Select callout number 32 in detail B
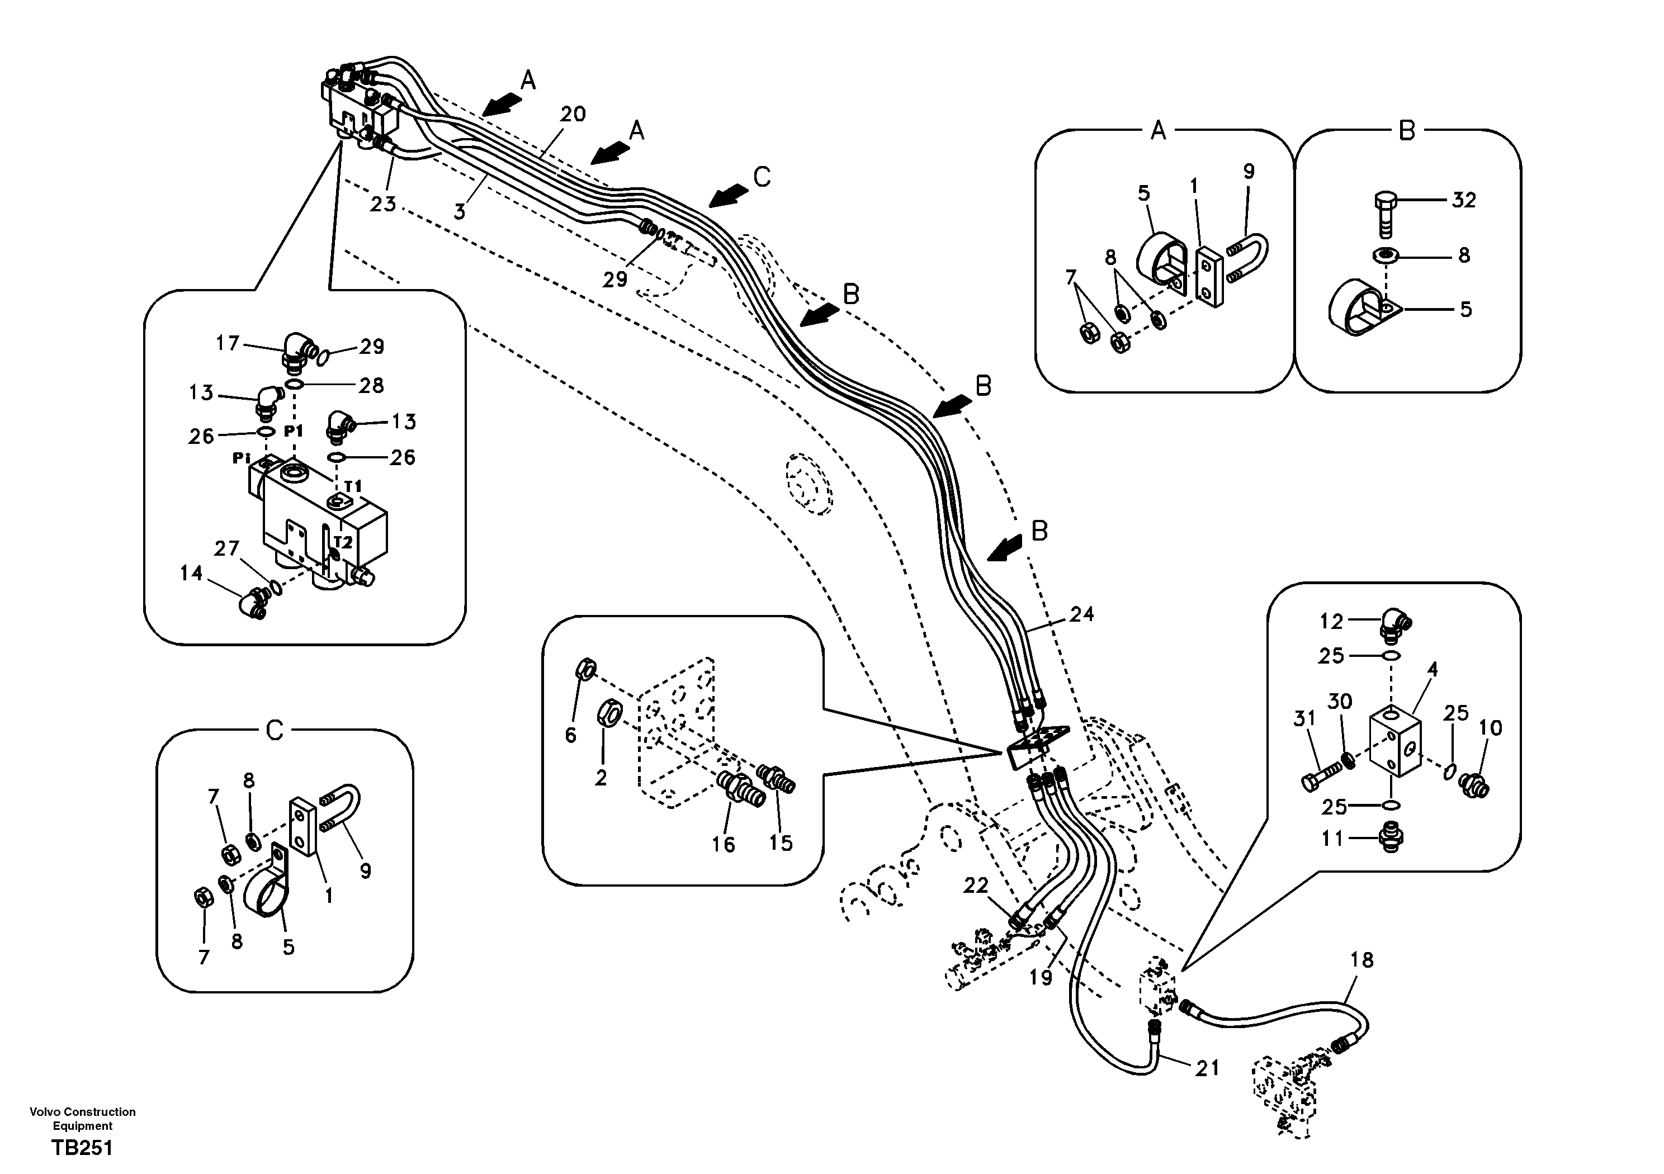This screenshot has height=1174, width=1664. click(1464, 200)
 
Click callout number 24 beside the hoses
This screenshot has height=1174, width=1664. click(1081, 614)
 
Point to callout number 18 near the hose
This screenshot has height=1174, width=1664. click(1362, 960)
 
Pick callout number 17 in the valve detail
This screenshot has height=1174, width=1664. click(228, 343)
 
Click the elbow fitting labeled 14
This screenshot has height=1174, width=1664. click(250, 603)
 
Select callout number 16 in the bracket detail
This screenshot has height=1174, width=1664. click(724, 844)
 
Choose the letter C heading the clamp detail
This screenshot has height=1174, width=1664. click(275, 731)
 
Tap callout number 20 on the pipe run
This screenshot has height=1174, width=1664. click(573, 115)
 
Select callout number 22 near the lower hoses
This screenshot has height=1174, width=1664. click(976, 886)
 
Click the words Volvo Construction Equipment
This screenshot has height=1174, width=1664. click(82, 1118)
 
